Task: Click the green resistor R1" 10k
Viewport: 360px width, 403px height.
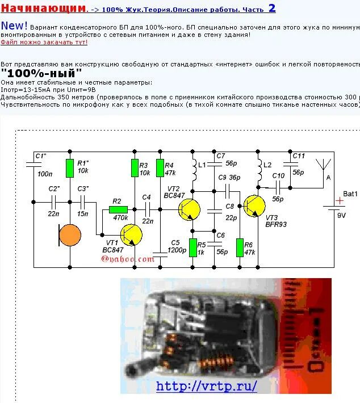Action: coord(69,169)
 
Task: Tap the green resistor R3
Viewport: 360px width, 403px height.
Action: coord(135,169)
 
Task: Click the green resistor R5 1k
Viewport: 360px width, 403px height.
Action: coord(192,247)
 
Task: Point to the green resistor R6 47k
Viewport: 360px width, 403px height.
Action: coord(240,247)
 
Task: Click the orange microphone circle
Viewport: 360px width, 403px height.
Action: coord(70,235)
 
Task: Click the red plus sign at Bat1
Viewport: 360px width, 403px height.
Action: coord(340,200)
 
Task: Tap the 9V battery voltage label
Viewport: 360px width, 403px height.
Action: coord(342,215)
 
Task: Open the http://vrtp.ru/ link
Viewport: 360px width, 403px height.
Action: coord(206,386)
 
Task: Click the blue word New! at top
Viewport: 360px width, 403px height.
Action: coord(14,26)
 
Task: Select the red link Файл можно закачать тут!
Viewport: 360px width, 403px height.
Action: coord(44,42)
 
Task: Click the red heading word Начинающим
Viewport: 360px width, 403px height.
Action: coord(44,9)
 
